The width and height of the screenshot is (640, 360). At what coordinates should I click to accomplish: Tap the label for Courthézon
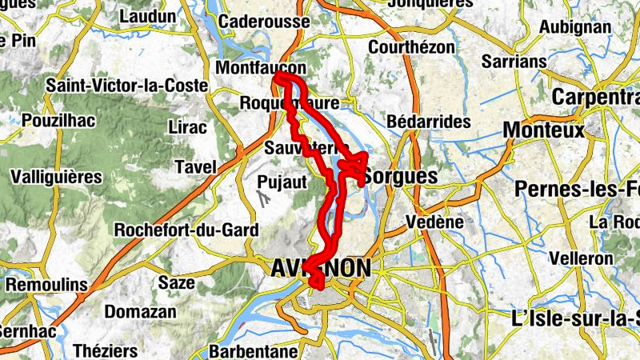[411, 47]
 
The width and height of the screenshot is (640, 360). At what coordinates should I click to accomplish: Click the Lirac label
[188, 127]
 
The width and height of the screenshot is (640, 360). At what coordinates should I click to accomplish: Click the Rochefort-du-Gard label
[187, 230]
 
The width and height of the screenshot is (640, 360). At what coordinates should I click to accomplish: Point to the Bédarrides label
[429, 122]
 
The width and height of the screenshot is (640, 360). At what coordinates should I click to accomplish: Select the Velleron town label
[582, 259]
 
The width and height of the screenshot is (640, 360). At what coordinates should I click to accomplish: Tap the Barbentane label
[253, 351]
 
